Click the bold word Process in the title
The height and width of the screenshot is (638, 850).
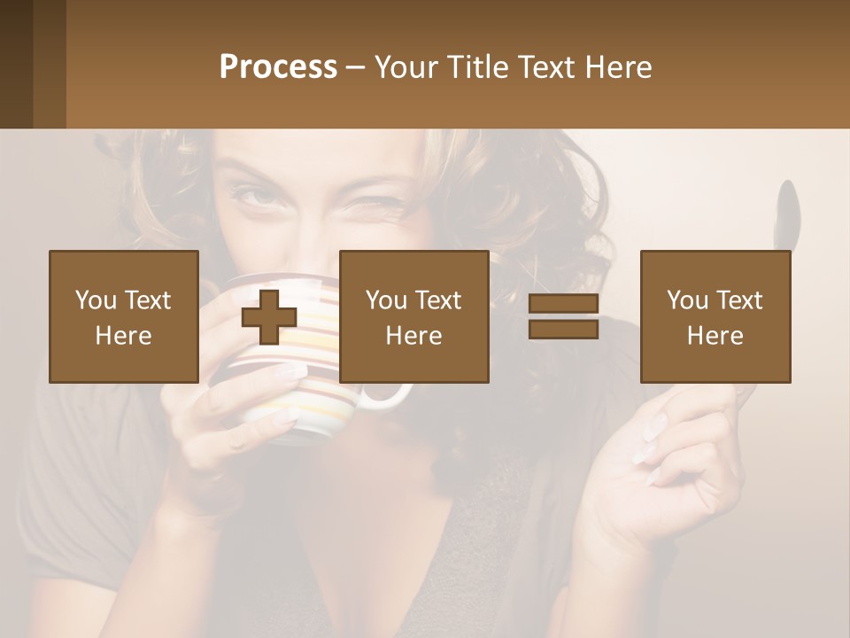point(278,67)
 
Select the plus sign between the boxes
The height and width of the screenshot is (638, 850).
point(269,317)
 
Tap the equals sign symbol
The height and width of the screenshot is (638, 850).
point(563,316)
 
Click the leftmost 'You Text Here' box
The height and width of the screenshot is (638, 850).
point(123,316)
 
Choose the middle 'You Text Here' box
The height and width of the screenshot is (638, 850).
point(413,316)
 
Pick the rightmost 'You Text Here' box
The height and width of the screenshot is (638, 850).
point(715,316)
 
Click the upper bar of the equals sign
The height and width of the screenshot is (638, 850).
point(563,304)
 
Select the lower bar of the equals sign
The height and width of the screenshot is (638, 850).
point(563,329)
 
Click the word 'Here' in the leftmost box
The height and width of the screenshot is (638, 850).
point(123,336)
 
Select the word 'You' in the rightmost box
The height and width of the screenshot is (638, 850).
point(686,300)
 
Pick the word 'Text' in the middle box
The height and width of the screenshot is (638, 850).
point(437,300)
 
